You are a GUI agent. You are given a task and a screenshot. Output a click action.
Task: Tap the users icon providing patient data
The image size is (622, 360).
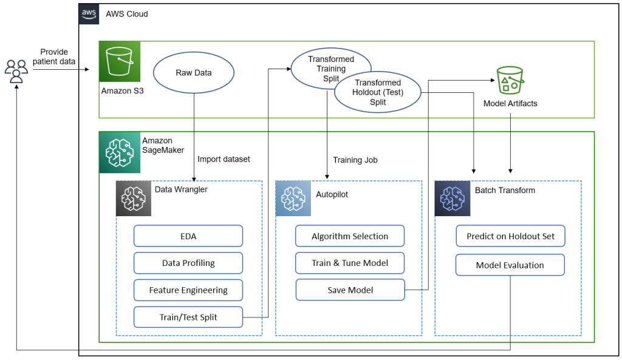point(16,71)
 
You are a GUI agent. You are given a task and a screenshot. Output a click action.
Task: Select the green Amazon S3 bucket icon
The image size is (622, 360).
point(120,61)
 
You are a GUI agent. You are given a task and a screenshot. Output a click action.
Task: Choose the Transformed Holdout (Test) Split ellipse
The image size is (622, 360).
point(378,92)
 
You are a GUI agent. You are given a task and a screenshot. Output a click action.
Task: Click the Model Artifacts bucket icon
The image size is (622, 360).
point(510,80)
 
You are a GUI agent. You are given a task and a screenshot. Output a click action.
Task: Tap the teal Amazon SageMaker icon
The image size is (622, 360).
point(120,152)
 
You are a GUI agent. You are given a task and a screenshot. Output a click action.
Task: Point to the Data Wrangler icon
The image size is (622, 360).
point(134,199)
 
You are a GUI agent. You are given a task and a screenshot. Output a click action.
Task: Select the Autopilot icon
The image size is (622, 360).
point(293,199)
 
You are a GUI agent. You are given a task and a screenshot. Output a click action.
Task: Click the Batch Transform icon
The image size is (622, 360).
point(452,199)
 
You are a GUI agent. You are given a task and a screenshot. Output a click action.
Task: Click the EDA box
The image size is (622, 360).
point(188,236)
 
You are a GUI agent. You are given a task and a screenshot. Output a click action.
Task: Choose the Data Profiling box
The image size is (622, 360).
point(188,263)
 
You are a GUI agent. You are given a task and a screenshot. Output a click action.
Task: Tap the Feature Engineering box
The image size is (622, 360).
point(188,290)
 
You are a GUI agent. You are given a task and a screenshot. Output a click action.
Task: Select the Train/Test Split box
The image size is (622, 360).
point(188,317)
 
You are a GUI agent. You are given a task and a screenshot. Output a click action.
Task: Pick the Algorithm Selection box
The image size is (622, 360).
point(350,236)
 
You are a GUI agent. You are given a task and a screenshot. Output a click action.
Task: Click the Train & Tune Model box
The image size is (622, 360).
point(350,263)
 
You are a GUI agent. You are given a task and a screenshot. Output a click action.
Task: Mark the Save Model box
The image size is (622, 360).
point(350,290)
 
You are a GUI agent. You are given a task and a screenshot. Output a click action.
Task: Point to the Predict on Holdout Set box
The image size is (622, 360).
point(510,236)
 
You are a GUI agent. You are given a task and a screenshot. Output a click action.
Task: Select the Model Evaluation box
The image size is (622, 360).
point(510,265)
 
